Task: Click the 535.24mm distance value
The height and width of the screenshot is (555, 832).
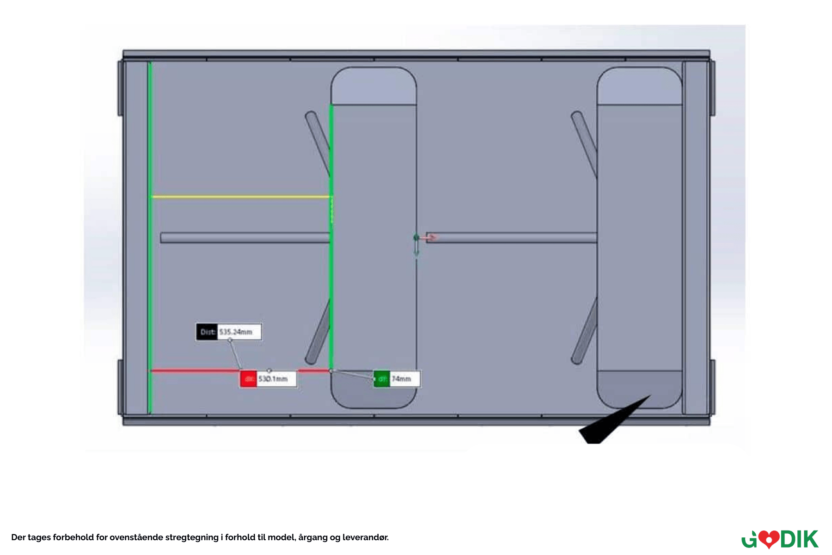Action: [x=236, y=332]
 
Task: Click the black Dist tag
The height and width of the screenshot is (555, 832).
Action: [x=207, y=332]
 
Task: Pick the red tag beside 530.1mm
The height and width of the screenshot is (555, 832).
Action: [x=249, y=379]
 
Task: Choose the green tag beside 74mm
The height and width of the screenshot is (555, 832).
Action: [x=382, y=379]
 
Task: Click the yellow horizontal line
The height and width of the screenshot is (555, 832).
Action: [x=240, y=197]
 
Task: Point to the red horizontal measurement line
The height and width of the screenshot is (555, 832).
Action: [x=194, y=370]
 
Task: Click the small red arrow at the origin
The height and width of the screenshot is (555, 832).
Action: [x=431, y=237]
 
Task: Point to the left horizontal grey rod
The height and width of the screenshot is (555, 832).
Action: [x=245, y=238]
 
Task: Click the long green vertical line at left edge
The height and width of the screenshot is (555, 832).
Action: [x=150, y=231]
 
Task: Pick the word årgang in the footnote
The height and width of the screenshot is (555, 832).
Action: [x=312, y=537]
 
